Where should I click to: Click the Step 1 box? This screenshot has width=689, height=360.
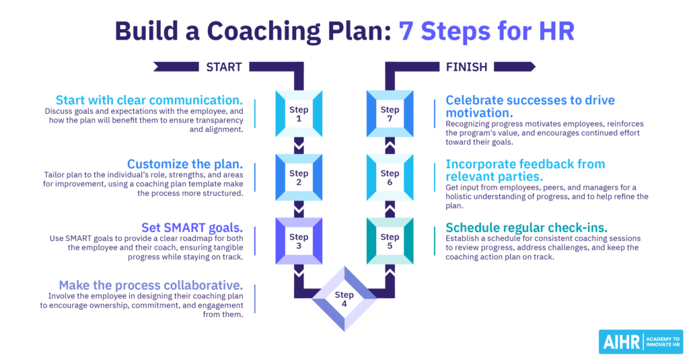point(299,114)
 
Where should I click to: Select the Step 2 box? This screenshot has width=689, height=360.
point(299,178)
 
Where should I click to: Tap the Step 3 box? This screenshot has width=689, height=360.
point(299,241)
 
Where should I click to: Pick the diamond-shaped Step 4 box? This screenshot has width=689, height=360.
point(344,298)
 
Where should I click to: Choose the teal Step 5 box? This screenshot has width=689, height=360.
point(390,241)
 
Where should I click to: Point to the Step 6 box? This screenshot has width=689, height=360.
point(390,178)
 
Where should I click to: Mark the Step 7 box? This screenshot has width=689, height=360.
point(390,114)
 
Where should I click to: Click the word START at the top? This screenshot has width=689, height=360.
point(219,67)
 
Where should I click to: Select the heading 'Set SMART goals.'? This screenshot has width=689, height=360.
point(192,227)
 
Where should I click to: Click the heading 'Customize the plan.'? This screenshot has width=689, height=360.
point(186,164)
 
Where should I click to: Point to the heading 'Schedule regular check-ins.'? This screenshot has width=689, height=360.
point(526,227)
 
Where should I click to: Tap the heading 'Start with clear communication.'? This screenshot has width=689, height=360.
point(149,100)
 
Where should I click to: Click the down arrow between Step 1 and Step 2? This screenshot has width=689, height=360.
point(299,145)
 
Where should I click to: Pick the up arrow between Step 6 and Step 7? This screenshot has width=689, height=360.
point(390,145)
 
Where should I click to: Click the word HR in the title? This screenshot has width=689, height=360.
point(556,31)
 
